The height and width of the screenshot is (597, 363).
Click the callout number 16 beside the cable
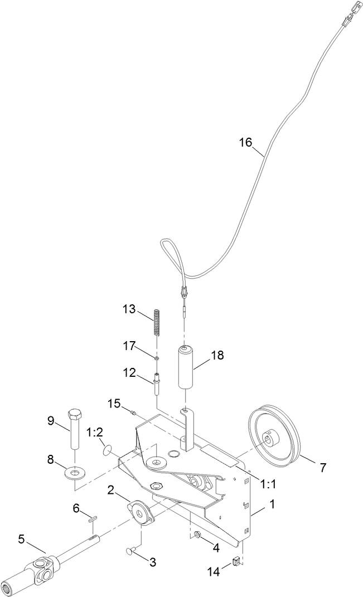(x=245, y=142)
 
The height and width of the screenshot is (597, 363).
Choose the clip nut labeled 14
(x=235, y=560)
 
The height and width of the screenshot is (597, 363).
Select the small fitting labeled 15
(x=134, y=412)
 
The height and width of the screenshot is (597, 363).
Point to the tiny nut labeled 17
(x=157, y=357)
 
